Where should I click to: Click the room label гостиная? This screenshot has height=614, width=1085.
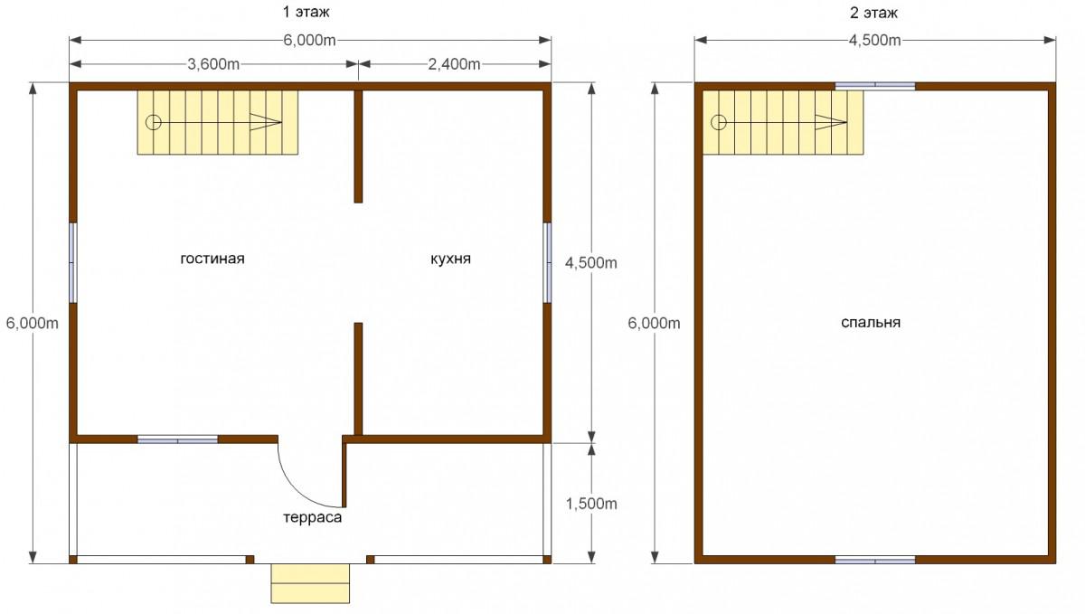[x=212, y=260]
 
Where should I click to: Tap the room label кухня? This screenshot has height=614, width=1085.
[x=450, y=259]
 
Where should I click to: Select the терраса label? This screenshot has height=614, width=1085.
[x=313, y=517]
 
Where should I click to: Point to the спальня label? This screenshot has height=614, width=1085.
[x=871, y=323]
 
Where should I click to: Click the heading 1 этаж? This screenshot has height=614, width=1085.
[x=307, y=12]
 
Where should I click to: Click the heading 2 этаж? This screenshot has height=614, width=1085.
[x=873, y=13]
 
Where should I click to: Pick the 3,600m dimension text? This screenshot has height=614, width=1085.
[x=213, y=64]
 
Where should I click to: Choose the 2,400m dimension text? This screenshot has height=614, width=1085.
[x=454, y=64]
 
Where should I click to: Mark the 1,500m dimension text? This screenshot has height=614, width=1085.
[x=591, y=504]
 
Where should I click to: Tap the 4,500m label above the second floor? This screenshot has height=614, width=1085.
[x=875, y=40]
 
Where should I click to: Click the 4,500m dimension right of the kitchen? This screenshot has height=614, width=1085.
[x=591, y=262]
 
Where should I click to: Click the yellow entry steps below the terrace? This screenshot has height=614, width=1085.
[x=310, y=583]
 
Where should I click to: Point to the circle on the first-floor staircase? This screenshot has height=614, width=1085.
[x=154, y=122]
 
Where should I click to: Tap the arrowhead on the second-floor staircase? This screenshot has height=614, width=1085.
[x=831, y=122]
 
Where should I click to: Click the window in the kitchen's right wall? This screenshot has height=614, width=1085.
[x=547, y=262]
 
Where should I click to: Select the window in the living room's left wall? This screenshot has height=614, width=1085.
[x=72, y=262]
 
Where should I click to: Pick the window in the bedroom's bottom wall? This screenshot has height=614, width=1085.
[x=875, y=561]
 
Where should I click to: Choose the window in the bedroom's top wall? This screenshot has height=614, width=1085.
[x=875, y=86]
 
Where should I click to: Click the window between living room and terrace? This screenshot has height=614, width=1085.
[x=178, y=439]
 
